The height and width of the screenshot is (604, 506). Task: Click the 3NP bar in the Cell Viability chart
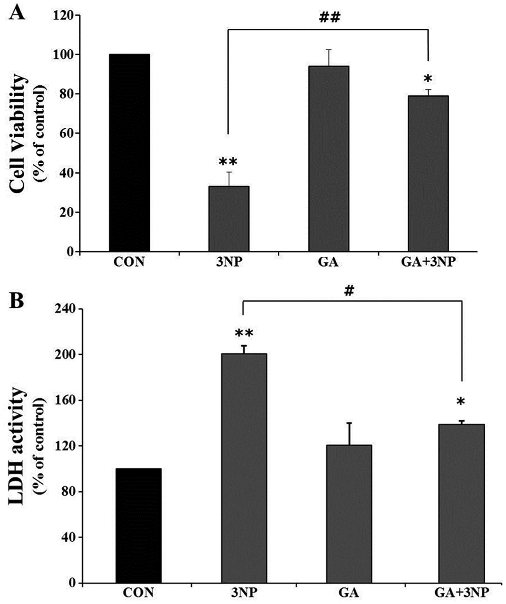coord(229,219)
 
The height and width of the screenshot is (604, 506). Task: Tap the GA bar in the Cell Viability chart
coord(329,158)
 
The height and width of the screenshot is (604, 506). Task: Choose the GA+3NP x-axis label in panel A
coord(428,262)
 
